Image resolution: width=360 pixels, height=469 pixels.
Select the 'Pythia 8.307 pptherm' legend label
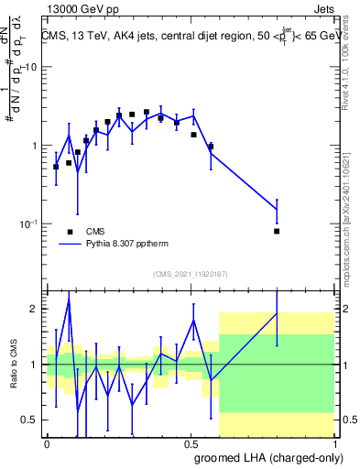point(131,245)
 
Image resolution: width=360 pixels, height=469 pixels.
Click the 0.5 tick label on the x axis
point(191,443)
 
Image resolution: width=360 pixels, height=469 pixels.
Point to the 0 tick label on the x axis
point(48,443)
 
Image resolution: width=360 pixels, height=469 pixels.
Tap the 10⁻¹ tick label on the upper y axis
point(28,223)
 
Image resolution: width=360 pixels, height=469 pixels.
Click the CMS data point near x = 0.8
point(277,231)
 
